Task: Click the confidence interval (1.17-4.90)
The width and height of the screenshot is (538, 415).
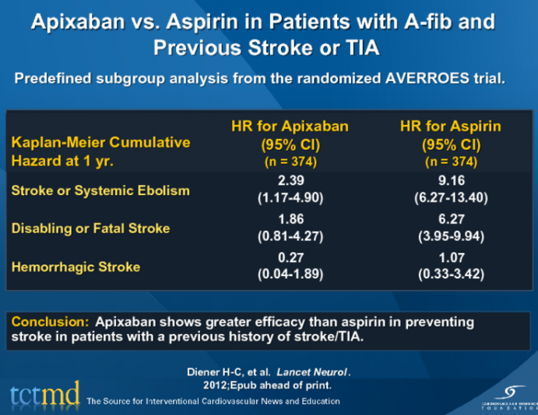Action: click(290, 198)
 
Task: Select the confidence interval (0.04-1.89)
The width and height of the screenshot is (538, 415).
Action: click(290, 274)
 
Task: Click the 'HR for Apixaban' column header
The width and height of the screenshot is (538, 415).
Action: click(290, 126)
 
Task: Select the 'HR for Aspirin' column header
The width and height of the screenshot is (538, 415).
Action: click(450, 126)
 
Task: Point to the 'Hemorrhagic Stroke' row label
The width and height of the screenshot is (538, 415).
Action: click(76, 267)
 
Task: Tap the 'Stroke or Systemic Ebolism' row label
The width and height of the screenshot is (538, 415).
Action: click(100, 191)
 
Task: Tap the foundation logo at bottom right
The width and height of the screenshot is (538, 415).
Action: click(505, 393)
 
